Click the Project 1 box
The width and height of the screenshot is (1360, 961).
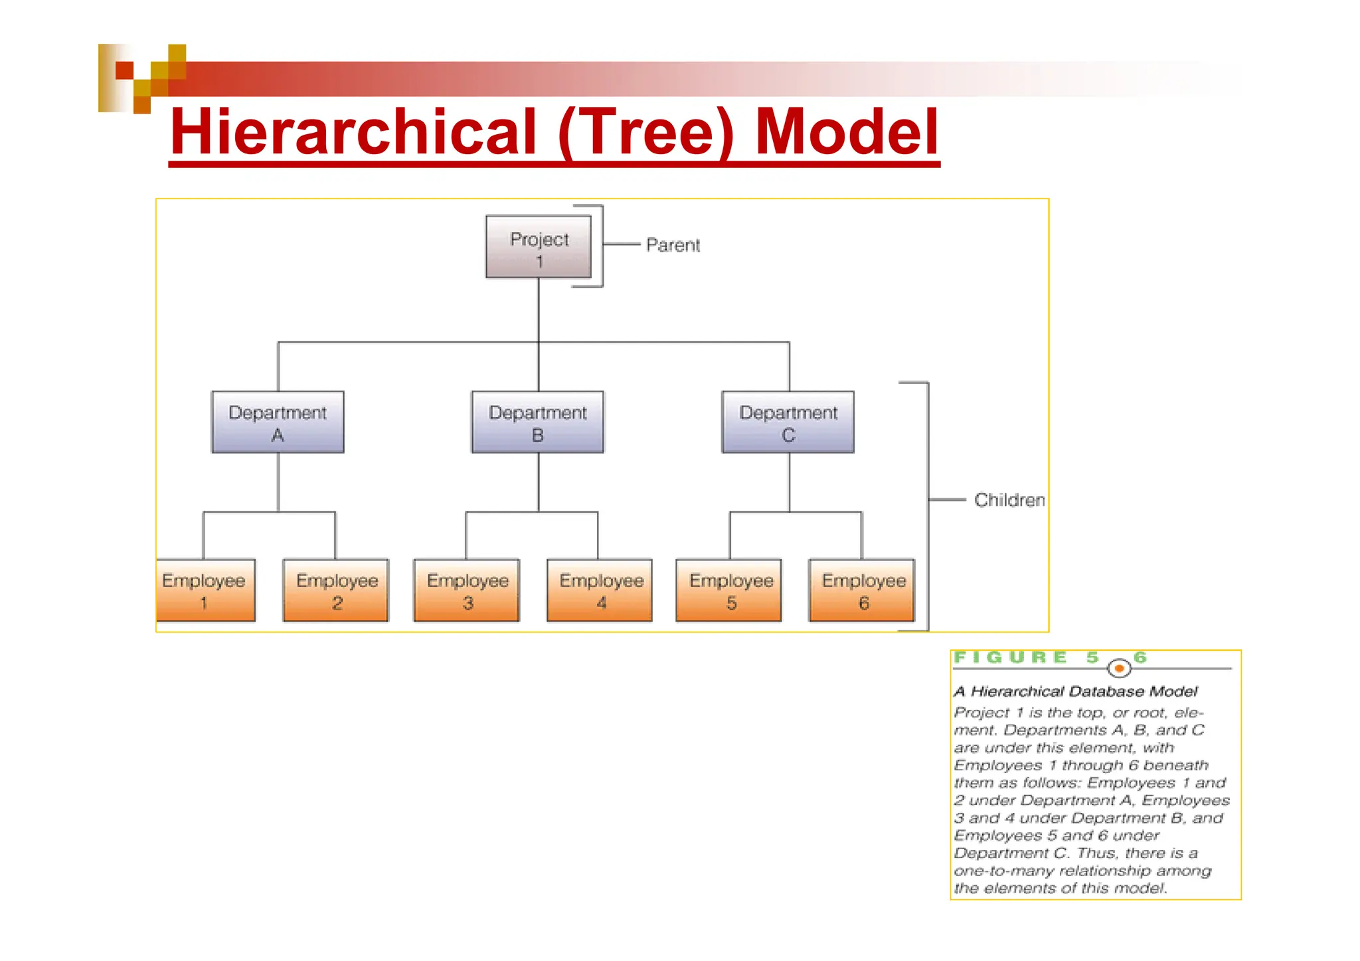(x=539, y=247)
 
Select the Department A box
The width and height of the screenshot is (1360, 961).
(x=278, y=422)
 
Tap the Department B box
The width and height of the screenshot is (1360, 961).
(x=538, y=422)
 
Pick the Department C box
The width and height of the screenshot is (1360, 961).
(x=788, y=422)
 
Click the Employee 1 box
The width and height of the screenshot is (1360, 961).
(x=205, y=590)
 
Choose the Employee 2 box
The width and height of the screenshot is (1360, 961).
(x=336, y=590)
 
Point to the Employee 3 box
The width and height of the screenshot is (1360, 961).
(x=467, y=590)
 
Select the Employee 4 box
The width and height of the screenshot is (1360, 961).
(x=600, y=590)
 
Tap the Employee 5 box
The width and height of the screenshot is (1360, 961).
(x=729, y=590)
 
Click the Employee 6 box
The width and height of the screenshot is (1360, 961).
(x=862, y=590)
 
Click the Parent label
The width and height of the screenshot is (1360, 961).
(x=673, y=245)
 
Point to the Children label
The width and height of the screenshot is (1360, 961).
(x=1009, y=500)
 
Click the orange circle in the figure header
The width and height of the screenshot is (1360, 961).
(x=1120, y=667)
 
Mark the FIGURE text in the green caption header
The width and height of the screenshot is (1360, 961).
(x=1010, y=657)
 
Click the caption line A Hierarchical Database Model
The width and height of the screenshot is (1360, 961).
(x=1075, y=691)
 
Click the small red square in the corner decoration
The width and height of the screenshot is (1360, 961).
(x=124, y=70)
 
